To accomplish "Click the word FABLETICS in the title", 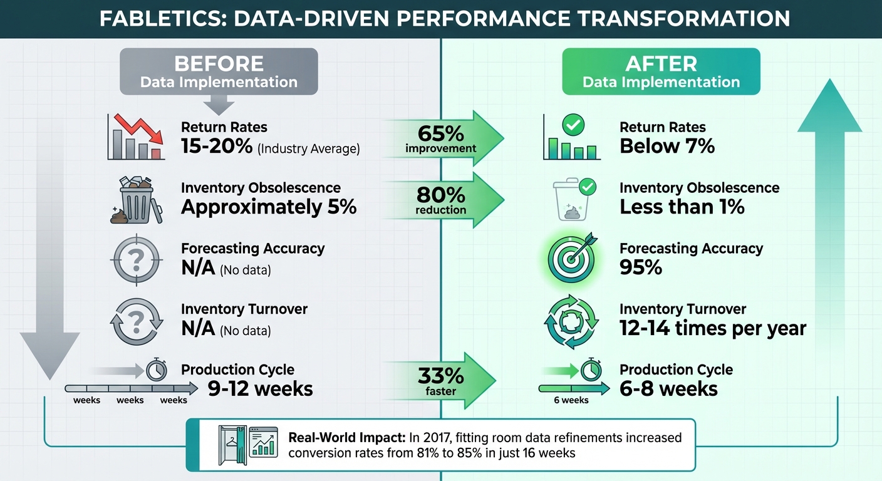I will pyautogui.click(x=157, y=19).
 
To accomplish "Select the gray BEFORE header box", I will pyautogui.click(x=219, y=72).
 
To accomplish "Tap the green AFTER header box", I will pyautogui.click(x=661, y=72).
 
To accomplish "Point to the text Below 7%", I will pyautogui.click(x=667, y=147).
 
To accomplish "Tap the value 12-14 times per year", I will pyautogui.click(x=713, y=328).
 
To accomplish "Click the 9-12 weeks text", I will pyautogui.click(x=260, y=388).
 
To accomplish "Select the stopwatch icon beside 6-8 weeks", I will pyautogui.click(x=589, y=370).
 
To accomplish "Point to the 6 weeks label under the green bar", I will pyautogui.click(x=571, y=400).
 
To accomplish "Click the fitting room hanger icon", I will pyautogui.click(x=231, y=444).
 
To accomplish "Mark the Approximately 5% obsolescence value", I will pyautogui.click(x=269, y=207).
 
